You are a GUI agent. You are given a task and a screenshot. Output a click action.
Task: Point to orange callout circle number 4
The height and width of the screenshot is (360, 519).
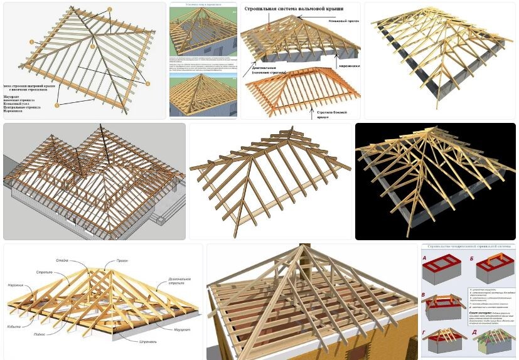[147, 83]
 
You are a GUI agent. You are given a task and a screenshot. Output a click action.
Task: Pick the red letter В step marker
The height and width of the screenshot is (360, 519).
[424, 294]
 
